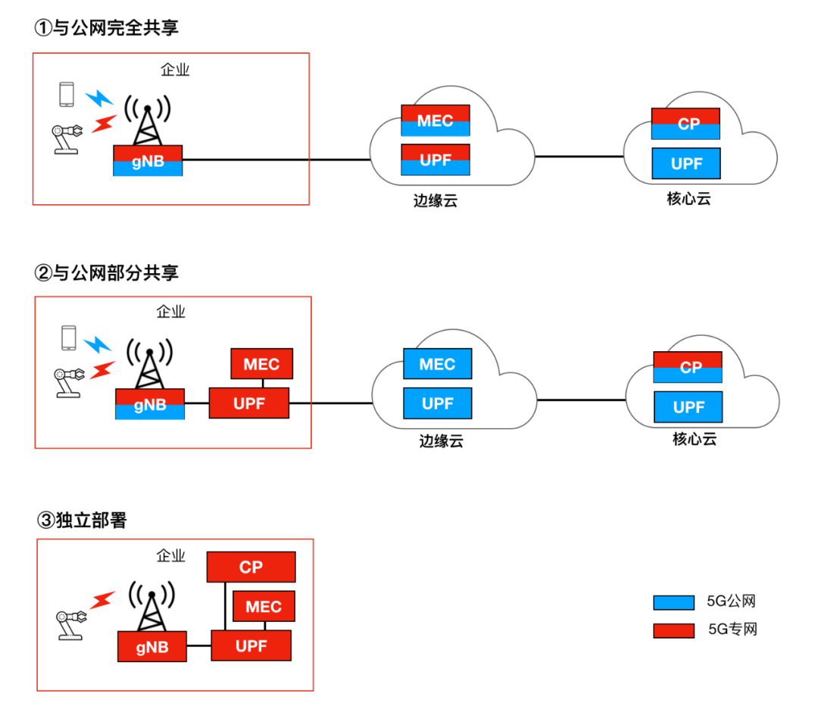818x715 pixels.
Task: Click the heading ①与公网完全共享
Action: click(106, 28)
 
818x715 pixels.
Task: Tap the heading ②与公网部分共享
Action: click(106, 272)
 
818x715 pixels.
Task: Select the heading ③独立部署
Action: click(83, 520)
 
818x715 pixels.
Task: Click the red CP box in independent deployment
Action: click(251, 567)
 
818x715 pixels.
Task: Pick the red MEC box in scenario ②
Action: click(261, 364)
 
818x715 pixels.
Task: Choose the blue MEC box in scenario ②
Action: click(437, 364)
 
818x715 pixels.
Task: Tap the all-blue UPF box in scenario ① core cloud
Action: click(687, 163)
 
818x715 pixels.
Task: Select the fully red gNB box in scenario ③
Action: click(152, 647)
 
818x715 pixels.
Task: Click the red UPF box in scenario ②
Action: click(249, 403)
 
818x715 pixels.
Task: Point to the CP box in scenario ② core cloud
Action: click(688, 367)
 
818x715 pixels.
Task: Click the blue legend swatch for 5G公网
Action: click(673, 602)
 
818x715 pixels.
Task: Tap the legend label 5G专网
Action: click(732, 629)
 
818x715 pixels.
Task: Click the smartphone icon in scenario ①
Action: click(67, 94)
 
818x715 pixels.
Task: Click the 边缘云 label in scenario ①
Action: click(436, 201)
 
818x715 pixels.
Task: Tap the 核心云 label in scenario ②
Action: click(694, 439)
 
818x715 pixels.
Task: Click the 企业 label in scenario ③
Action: click(170, 556)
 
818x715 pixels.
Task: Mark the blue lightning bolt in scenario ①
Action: click(98, 98)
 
